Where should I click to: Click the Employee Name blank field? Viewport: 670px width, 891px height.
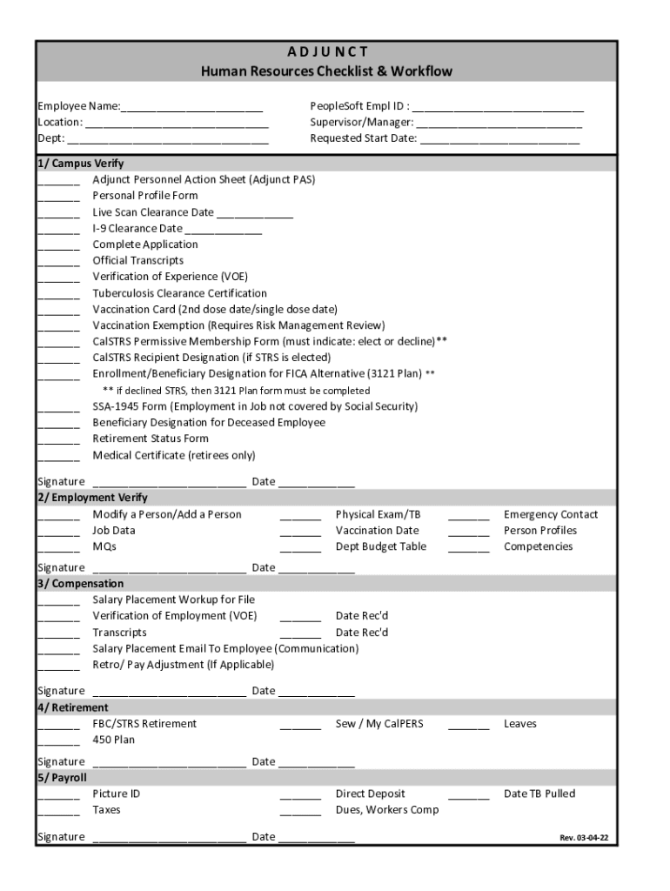click(192, 108)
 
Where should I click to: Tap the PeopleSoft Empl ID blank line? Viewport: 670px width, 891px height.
click(498, 108)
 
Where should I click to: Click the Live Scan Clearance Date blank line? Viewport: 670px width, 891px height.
click(255, 214)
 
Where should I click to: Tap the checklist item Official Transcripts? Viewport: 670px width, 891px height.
click(137, 260)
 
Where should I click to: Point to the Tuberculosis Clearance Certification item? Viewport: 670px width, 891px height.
click(179, 293)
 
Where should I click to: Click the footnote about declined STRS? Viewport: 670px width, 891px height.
click(236, 391)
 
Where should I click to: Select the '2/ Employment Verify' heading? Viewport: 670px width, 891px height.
click(92, 498)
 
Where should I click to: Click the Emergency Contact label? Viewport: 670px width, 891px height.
click(550, 514)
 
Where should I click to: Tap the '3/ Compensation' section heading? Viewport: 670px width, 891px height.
click(80, 584)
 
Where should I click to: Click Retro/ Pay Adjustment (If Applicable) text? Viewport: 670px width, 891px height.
click(183, 665)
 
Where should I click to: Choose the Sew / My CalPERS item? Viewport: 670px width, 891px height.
click(379, 724)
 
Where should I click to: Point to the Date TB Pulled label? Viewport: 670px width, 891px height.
click(539, 794)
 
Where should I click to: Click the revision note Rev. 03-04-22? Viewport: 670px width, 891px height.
click(583, 839)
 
